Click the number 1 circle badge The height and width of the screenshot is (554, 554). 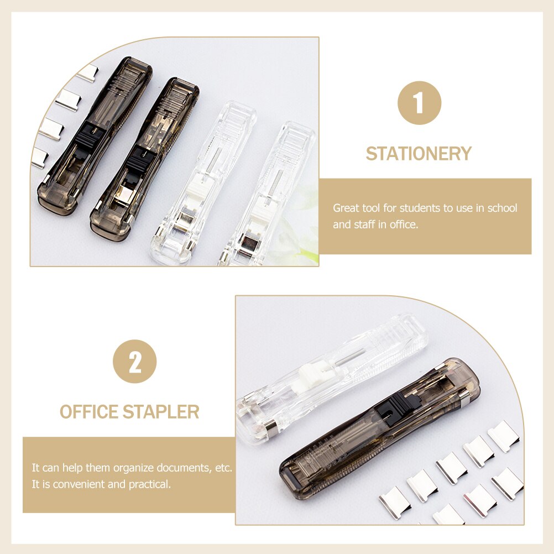419,103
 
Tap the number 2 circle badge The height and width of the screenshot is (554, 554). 134,362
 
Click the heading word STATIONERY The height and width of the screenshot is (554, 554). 419,154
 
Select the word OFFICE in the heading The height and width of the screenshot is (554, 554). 89,412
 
